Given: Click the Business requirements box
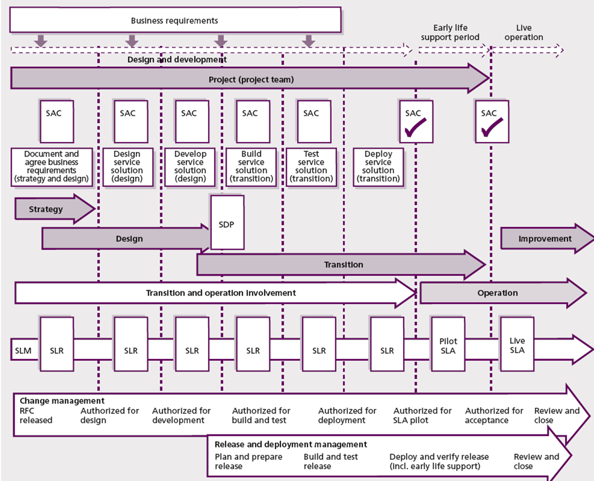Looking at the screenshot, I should [175, 20].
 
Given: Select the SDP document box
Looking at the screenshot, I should [227, 223].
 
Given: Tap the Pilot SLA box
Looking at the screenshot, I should [448, 345].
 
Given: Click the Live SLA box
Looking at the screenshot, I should [517, 345].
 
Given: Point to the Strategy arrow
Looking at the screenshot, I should [46, 209].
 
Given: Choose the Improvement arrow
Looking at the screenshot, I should [545, 239].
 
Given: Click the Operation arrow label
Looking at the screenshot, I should [497, 293].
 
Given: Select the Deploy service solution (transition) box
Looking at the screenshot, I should [378, 167].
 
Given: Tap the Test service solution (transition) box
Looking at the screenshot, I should [311, 167].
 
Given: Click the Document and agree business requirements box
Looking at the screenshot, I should [52, 167].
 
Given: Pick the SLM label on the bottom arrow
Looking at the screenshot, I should [23, 350].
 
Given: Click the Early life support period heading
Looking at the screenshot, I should [450, 32].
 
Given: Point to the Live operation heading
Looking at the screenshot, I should [524, 32].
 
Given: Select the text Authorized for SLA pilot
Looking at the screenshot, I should [422, 415].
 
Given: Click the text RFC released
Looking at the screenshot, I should [36, 415].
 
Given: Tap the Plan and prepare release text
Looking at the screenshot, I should [248, 461].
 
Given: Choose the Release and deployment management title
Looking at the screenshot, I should [291, 444].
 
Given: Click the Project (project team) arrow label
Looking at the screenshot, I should [251, 79].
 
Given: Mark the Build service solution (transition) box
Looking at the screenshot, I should [251, 167].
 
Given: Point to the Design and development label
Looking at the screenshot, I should [177, 59].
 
